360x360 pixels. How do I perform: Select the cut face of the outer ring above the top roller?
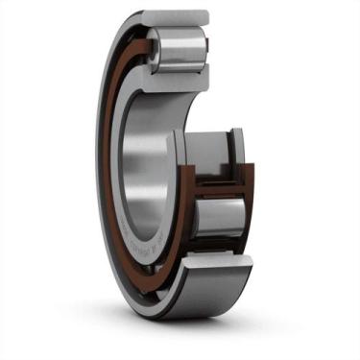pyautogui.click(x=177, y=15)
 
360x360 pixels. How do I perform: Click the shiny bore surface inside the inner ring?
pyautogui.click(x=144, y=154)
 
